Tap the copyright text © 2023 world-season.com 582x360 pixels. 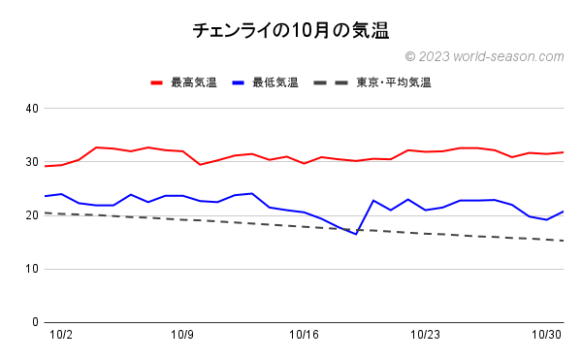pyautogui.click(x=483, y=57)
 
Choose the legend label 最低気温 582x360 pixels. pyautogui.click(x=275, y=82)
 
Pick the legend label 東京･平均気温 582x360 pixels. pyautogui.click(x=394, y=82)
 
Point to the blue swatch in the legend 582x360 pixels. pyautogui.click(x=240, y=82)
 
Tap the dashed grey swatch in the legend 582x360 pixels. pyautogui.click(x=331, y=82)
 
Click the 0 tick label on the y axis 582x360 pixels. pyautogui.click(x=34, y=322)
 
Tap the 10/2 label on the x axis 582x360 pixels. pyautogui.click(x=61, y=335)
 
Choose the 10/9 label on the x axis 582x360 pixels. pyautogui.click(x=182, y=335)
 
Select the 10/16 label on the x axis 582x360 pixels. pyautogui.click(x=304, y=335)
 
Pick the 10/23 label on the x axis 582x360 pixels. pyautogui.click(x=426, y=335)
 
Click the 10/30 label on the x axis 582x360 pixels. pyautogui.click(x=547, y=335)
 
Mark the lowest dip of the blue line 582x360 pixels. pyautogui.click(x=356, y=234)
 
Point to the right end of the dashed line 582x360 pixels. pyautogui.click(x=564, y=241)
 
